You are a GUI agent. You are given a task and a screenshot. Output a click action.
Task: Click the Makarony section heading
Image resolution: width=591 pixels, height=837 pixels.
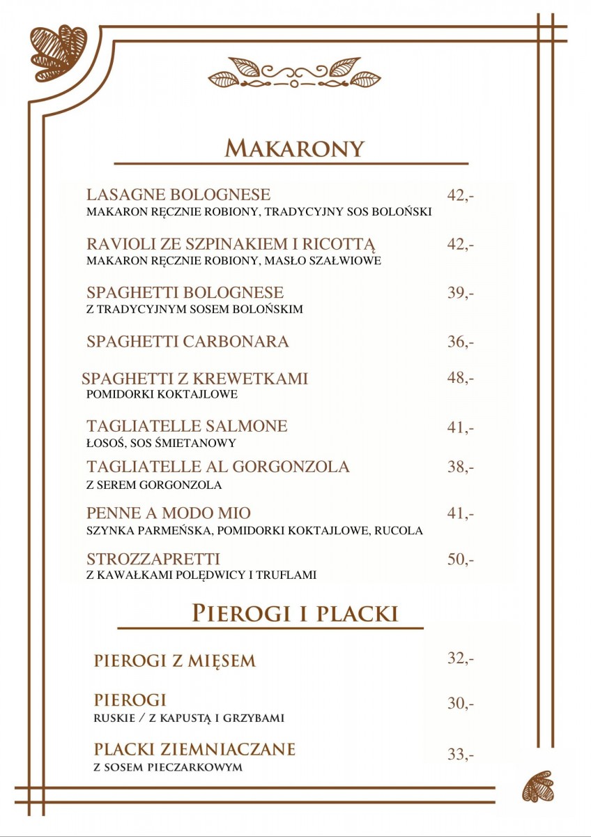[x=295, y=148]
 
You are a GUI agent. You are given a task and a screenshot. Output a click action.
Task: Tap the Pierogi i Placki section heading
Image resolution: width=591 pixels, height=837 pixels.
[x=295, y=613]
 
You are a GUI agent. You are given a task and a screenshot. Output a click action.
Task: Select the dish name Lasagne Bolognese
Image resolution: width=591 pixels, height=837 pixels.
[x=178, y=195]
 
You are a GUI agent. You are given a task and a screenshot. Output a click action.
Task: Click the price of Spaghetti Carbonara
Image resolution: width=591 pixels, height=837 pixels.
[x=460, y=342]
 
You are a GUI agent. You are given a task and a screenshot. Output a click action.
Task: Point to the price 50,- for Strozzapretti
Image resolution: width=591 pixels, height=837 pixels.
[x=460, y=559]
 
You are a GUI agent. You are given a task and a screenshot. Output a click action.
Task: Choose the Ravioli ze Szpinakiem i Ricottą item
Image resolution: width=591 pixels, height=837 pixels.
[x=231, y=245]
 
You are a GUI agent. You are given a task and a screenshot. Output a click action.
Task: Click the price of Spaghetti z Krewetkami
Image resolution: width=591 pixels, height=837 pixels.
[x=460, y=378]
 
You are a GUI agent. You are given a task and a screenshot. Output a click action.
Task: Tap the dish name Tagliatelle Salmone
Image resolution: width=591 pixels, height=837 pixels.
[x=187, y=426]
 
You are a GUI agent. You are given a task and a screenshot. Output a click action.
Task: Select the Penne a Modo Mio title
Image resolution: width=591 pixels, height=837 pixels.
[x=169, y=513]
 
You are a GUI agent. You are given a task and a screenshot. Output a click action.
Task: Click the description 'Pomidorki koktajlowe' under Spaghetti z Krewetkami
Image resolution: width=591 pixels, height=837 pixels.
[x=162, y=395]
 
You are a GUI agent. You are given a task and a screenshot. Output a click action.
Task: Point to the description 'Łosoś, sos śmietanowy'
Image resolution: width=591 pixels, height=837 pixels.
[x=161, y=443]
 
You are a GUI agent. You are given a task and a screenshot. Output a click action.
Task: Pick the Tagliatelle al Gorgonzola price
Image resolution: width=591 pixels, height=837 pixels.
[x=460, y=467]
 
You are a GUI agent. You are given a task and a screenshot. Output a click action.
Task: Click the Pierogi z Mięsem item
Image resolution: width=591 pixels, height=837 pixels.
[x=175, y=661]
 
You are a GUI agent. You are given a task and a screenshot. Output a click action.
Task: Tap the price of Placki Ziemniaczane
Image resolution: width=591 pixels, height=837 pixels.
[x=460, y=754]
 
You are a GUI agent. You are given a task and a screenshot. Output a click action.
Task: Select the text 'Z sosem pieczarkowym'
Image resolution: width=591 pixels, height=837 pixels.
[x=168, y=767]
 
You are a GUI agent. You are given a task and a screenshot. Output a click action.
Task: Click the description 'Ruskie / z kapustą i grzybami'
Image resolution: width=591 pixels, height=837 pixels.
[x=189, y=718]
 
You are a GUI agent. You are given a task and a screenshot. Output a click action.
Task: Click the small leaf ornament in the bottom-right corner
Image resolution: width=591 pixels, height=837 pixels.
[x=538, y=786]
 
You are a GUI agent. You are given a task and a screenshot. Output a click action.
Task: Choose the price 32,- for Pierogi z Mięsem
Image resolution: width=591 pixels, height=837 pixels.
[x=460, y=658]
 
